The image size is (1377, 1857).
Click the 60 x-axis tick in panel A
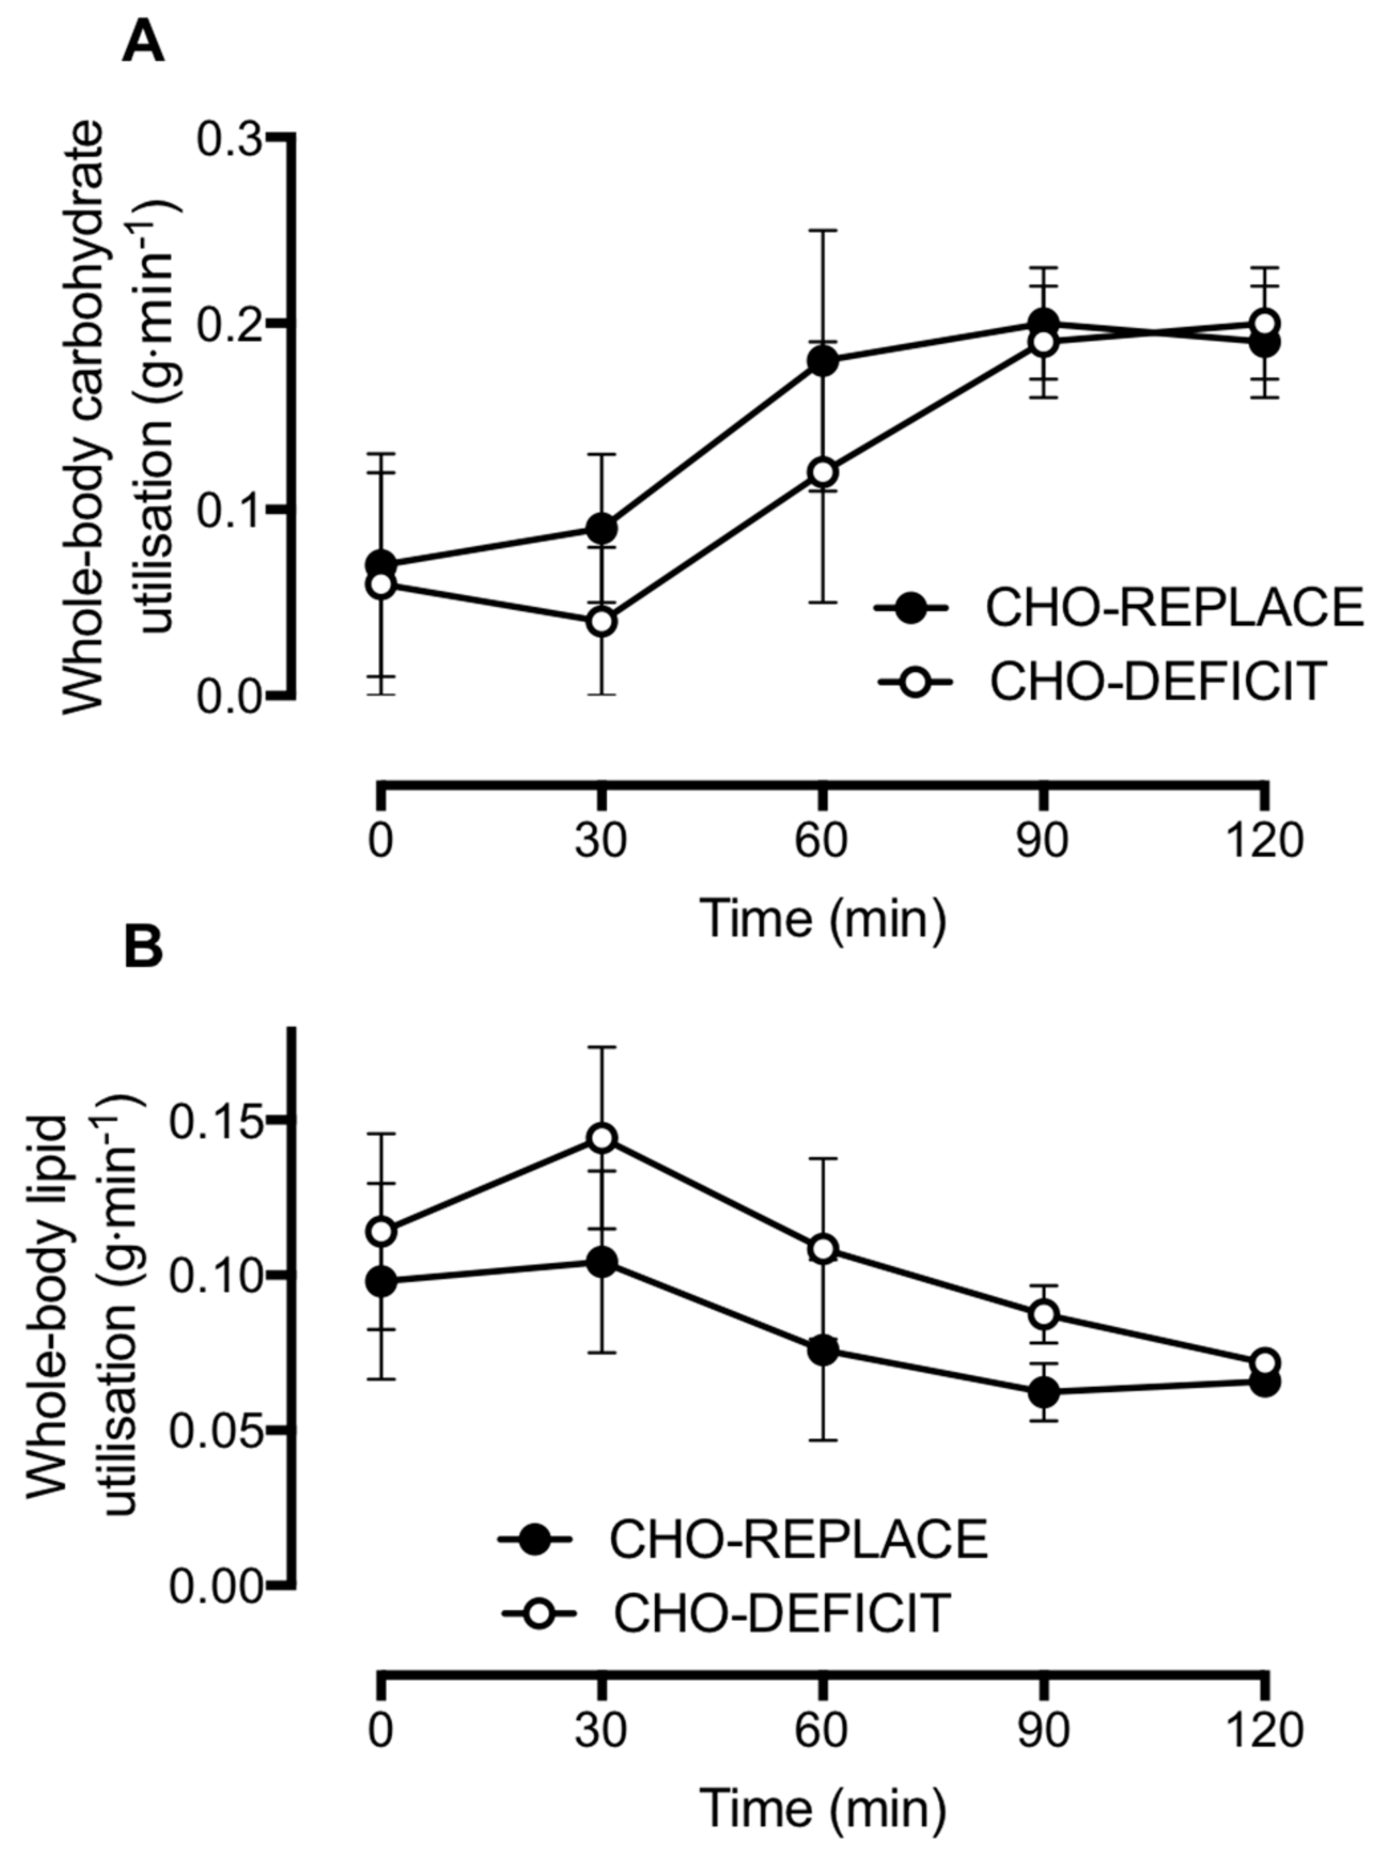click(822, 840)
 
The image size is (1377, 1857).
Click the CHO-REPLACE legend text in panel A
click(1174, 608)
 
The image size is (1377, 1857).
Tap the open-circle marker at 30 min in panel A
click(601, 621)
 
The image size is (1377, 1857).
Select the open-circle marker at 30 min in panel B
click(602, 1138)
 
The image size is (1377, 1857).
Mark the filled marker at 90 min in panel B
click(1044, 1392)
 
